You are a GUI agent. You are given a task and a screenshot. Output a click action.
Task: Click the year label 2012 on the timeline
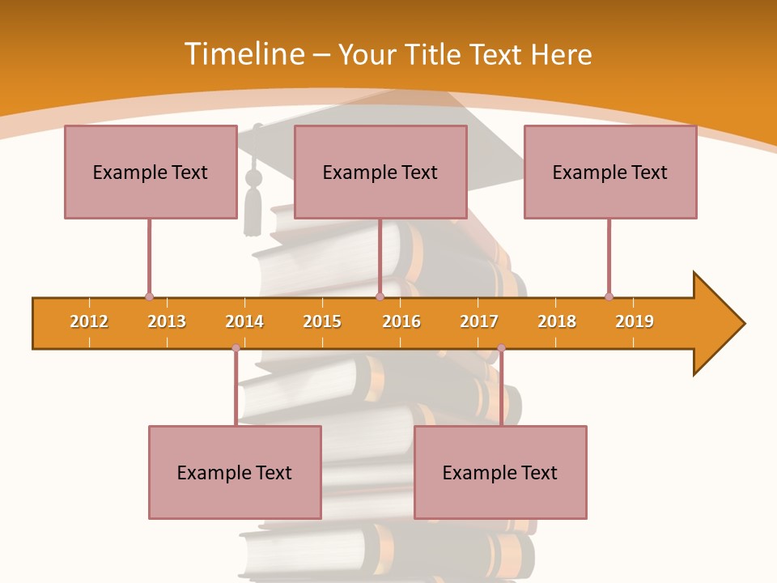point(89,321)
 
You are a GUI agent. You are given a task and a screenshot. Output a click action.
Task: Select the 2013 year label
point(167,321)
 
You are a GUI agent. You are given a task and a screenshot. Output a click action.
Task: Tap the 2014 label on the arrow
point(244,321)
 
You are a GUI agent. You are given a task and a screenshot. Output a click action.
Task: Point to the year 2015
point(322,321)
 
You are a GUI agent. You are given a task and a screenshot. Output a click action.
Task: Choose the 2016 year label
point(401,321)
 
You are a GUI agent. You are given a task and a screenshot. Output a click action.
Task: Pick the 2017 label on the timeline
point(479,321)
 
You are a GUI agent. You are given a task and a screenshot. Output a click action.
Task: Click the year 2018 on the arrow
point(557,321)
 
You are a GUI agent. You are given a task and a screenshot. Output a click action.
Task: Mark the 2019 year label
point(635,321)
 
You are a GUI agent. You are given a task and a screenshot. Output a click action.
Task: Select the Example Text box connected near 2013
point(151,172)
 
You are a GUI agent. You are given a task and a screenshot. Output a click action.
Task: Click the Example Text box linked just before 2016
point(380,172)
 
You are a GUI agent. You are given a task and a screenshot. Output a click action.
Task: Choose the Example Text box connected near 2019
point(610,172)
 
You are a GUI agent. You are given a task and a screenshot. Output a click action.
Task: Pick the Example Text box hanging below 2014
point(235,472)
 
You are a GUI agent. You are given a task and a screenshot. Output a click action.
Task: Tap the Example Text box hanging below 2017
point(500,472)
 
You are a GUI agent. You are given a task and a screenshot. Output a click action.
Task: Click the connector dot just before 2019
point(609,296)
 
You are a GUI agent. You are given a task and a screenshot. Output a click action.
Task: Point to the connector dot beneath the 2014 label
point(236,347)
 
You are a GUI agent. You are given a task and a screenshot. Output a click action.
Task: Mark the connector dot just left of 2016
point(380,296)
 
